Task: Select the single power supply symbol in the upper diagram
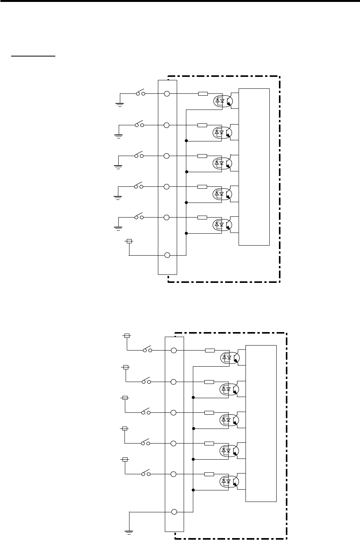click(x=129, y=241)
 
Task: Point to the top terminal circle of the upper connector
click(x=167, y=93)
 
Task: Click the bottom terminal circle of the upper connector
click(x=167, y=255)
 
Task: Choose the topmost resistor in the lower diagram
click(x=209, y=351)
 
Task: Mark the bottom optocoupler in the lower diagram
click(x=230, y=481)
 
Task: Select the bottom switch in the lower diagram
click(x=146, y=474)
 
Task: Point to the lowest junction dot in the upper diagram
click(x=186, y=233)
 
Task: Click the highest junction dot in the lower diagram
click(x=193, y=397)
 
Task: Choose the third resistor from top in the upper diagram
click(x=202, y=156)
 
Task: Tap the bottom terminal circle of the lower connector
click(x=174, y=512)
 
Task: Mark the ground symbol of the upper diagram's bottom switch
click(x=118, y=228)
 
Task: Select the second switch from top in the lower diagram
click(x=146, y=382)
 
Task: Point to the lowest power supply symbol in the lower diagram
click(x=125, y=459)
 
